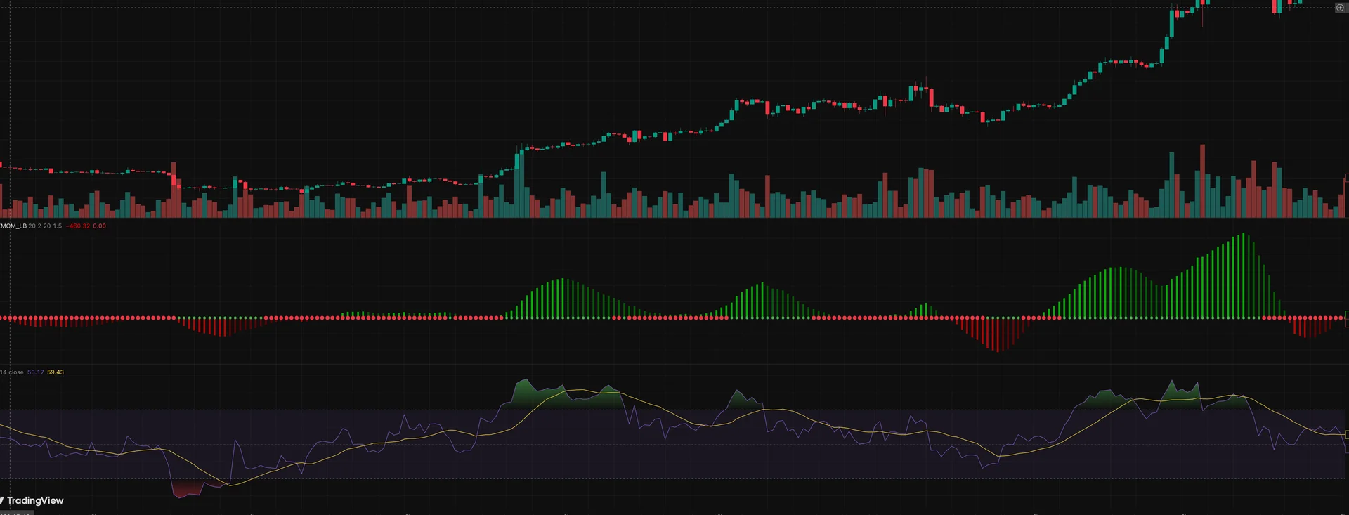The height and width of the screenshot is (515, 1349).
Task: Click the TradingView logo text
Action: pos(35,500)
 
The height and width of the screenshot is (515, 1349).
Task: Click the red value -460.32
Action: pos(78,226)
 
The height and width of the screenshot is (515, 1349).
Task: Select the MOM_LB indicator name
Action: pos(13,226)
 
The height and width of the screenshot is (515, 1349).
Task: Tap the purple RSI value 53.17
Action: pos(35,372)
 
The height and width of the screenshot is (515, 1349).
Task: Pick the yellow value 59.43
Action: pos(56,372)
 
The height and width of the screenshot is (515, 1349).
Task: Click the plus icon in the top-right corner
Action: pos(1340,8)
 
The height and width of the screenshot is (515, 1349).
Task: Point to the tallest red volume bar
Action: pos(1202,181)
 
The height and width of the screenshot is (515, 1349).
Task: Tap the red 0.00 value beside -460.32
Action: pos(99,226)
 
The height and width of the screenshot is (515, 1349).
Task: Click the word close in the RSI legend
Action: pos(16,372)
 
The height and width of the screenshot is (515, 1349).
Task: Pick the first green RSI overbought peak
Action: pos(523,384)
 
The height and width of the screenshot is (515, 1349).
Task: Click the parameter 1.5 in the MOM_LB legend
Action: pos(58,226)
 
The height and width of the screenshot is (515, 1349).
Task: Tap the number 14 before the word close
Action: pos(4,372)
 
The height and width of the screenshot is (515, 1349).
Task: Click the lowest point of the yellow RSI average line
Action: pos(229,485)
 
